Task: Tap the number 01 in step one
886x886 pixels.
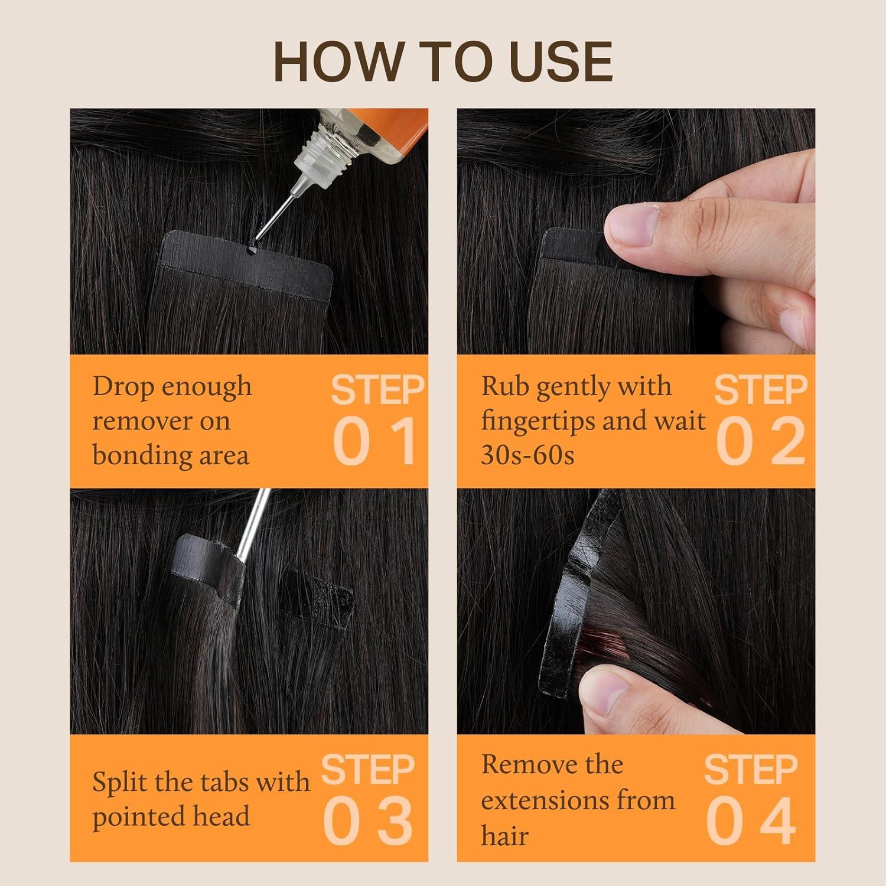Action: point(376,441)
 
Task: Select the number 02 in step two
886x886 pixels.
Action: point(761,441)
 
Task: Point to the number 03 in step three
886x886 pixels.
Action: point(367,821)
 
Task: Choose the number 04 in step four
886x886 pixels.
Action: point(751,821)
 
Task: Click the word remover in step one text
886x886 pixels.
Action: point(161,421)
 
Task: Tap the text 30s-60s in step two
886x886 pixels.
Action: point(527,455)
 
